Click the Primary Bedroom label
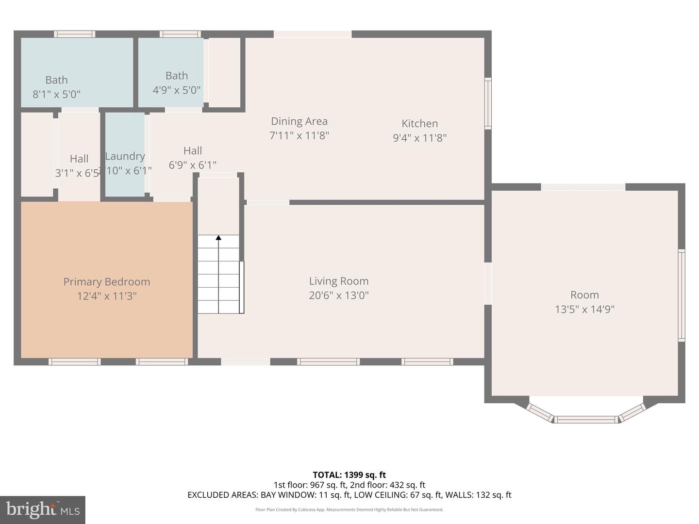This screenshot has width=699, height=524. [106, 282]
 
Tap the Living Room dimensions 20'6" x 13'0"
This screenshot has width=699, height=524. [339, 295]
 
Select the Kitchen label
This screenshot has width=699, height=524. [419, 124]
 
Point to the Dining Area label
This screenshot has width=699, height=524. [299, 121]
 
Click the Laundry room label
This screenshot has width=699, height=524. [125, 156]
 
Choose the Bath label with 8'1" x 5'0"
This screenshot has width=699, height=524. [56, 80]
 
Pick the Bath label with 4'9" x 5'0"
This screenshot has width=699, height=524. [176, 76]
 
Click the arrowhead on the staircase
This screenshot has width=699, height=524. [218, 238]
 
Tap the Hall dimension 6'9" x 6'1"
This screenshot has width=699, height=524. [192, 165]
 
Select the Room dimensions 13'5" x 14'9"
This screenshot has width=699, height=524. [584, 310]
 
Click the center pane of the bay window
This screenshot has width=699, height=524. [586, 419]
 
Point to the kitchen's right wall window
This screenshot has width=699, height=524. [488, 103]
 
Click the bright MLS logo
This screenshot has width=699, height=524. [43, 510]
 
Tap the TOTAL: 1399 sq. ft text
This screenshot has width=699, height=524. [349, 475]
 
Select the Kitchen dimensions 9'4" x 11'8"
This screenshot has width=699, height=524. [419, 138]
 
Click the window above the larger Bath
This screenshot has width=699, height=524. [74, 34]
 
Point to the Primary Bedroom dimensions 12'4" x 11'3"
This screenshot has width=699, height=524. [106, 296]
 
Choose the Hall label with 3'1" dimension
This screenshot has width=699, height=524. [79, 159]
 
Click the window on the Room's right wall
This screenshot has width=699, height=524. [682, 295]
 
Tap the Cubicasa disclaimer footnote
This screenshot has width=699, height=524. [349, 509]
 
